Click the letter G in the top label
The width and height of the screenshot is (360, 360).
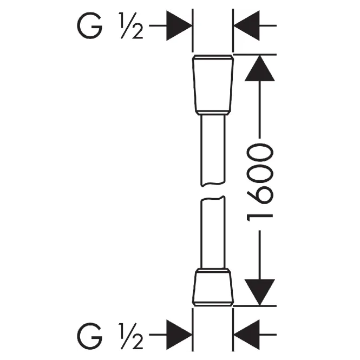tap(89, 25)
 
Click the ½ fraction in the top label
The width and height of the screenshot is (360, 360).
tap(131, 25)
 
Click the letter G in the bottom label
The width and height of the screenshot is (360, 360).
tap(89, 336)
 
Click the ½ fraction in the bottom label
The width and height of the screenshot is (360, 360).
tap(131, 336)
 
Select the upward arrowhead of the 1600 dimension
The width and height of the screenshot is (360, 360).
tap(260, 68)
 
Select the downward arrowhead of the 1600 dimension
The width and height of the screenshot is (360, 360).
tap(260, 292)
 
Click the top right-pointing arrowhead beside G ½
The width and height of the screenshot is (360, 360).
tap(179, 25)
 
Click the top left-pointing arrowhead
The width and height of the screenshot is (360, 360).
tap(247, 25)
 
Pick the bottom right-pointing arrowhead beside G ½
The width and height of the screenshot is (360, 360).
tap(179, 335)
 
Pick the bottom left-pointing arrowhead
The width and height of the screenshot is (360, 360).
tap(247, 335)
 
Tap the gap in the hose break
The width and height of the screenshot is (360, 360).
tap(213, 191)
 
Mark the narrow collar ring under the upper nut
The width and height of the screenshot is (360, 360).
tap(213, 113)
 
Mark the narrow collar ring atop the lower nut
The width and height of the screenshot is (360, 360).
tap(213, 270)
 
